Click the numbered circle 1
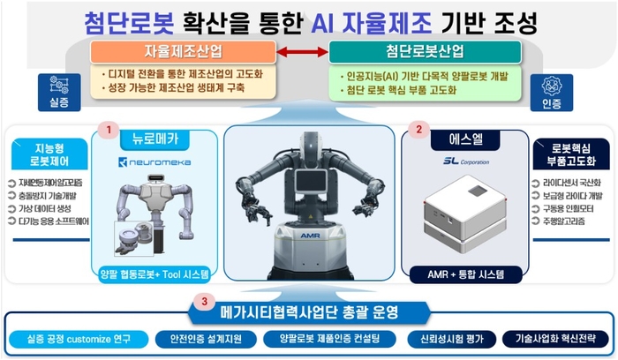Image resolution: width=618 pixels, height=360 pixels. point(108,130)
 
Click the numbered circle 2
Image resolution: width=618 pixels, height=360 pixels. point(418,130)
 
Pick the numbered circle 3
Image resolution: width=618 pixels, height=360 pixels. point(205,301)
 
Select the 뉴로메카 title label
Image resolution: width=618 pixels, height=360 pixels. point(155,140)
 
